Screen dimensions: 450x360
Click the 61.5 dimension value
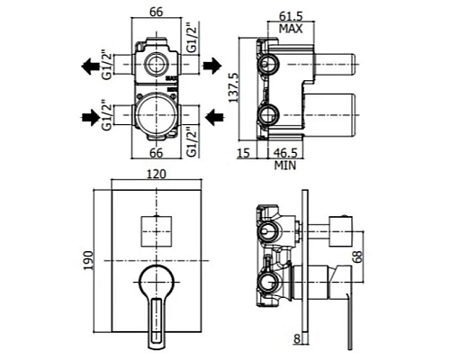tap(291, 16)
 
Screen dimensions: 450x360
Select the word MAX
tap(291, 29)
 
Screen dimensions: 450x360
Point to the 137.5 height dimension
tap(233, 87)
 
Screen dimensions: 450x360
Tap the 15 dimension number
tap(243, 153)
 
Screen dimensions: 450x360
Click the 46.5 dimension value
tap(285, 153)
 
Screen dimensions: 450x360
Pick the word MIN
tap(285, 166)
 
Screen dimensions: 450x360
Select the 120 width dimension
tap(156, 175)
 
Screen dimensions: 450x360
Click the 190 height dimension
tap(88, 260)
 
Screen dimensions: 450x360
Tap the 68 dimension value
tap(357, 256)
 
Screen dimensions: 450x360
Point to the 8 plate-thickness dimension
tap(297, 338)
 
